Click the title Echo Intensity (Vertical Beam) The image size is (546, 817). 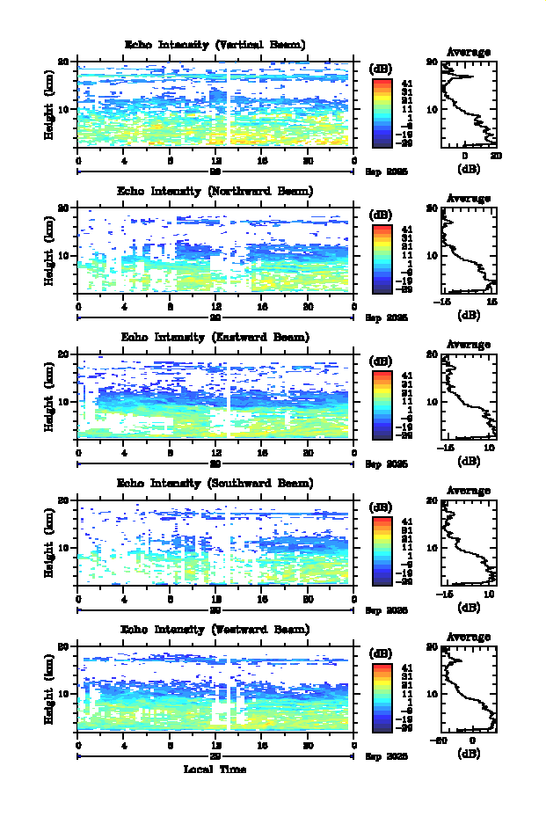pyautogui.click(x=215, y=45)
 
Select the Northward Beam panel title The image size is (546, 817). pyautogui.click(x=215, y=191)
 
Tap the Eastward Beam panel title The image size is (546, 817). pyautogui.click(x=215, y=337)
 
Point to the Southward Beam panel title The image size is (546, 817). pyautogui.click(x=215, y=483)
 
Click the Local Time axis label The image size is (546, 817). pyautogui.click(x=215, y=770)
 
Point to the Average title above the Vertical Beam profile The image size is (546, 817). pyautogui.click(x=469, y=53)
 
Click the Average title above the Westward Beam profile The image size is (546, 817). pyautogui.click(x=469, y=637)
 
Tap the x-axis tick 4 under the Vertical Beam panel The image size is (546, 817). pyautogui.click(x=124, y=161)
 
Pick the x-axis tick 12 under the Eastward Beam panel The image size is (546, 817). pyautogui.click(x=215, y=453)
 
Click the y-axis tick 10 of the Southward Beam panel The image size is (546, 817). pyautogui.click(x=64, y=547)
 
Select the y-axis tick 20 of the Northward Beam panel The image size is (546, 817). pyautogui.click(x=64, y=208)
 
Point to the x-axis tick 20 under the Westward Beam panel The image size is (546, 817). pyautogui.click(x=308, y=745)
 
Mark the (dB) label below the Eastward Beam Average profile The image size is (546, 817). pyautogui.click(x=469, y=461)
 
